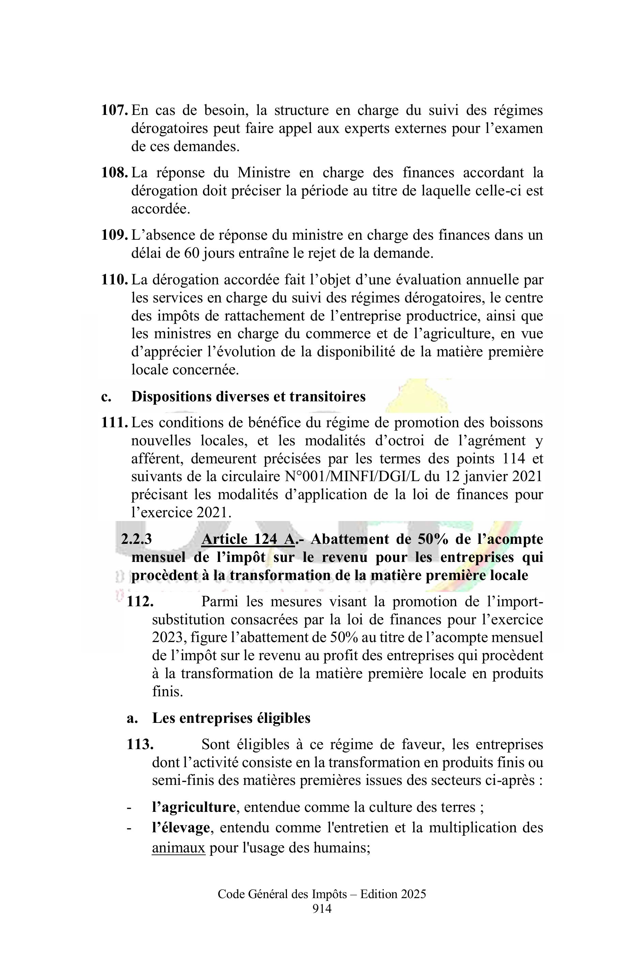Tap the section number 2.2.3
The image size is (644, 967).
[136, 539]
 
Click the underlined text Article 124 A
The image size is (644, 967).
[248, 539]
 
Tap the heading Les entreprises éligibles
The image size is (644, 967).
[231, 718]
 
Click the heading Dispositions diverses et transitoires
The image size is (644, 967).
[248, 397]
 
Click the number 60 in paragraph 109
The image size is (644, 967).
[192, 253]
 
